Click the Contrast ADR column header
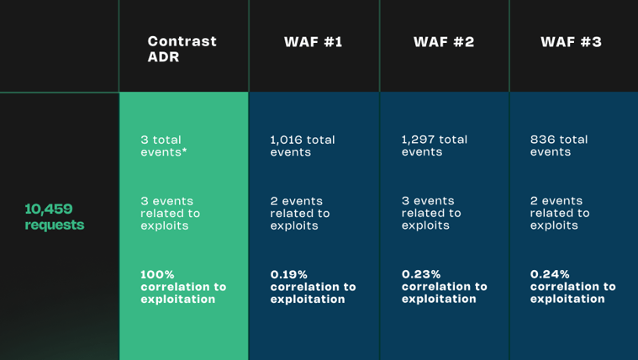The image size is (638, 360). coord(182,49)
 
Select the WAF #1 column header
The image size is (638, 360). coord(314,42)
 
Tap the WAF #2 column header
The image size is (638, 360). coord(444,42)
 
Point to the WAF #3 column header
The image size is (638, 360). coord(572,42)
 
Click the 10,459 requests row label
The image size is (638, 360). coord(55,217)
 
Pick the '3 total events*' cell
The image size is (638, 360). coord(164,146)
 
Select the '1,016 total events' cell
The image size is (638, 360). coord(303,146)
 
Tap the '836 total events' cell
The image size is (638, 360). coord(559,146)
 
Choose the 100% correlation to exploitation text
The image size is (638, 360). coord(183,287)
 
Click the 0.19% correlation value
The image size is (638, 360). coord(289,274)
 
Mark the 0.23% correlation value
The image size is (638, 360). coord(421,274)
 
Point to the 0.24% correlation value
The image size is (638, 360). coord(550,274)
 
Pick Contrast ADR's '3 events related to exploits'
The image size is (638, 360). coord(171,214)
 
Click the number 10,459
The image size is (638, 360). coord(49,209)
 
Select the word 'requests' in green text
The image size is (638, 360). coord(55,225)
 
